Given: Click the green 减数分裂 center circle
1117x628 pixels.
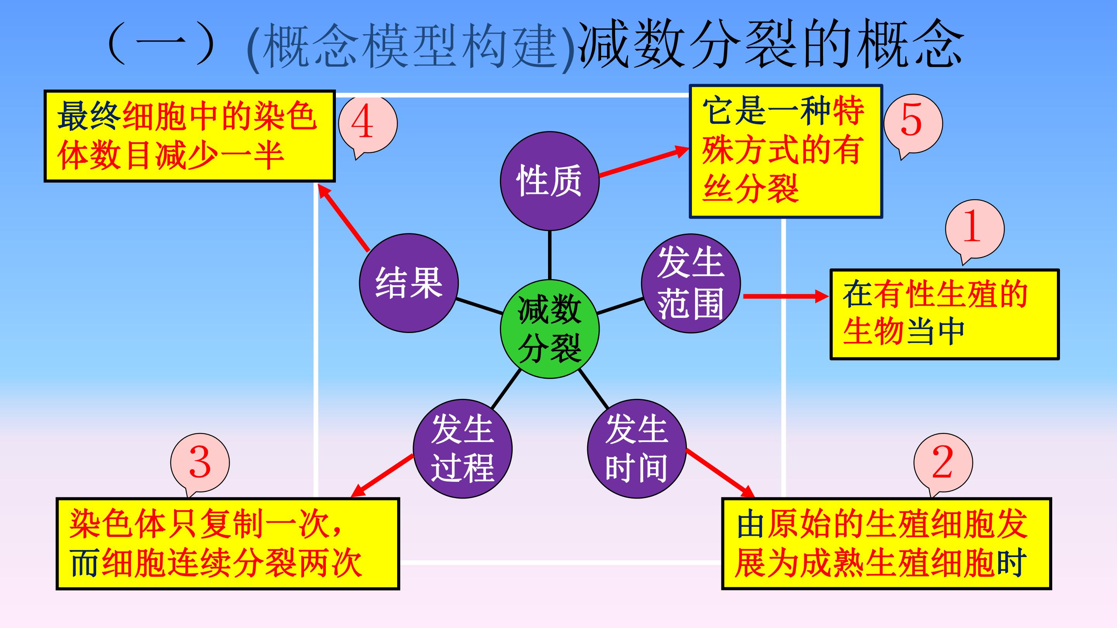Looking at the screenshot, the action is click(x=550, y=329).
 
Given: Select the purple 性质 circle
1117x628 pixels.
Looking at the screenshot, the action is click(x=550, y=181).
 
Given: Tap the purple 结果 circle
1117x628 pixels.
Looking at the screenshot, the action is click(x=409, y=283).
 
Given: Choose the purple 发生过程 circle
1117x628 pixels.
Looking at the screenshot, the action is click(x=463, y=449).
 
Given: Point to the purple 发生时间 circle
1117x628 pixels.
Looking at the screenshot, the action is click(x=637, y=449).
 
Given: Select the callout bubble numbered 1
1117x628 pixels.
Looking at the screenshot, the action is click(x=975, y=231).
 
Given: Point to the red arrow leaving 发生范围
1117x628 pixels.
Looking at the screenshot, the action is click(x=786, y=297).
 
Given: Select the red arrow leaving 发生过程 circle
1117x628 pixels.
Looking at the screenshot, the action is click(x=382, y=475).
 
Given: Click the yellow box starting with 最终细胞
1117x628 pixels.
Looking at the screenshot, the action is click(x=190, y=136).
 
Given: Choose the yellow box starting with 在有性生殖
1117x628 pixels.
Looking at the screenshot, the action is click(x=944, y=314).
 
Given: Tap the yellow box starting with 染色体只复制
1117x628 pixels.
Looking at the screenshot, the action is click(x=228, y=544).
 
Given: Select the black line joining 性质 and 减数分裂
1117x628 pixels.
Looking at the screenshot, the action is click(x=550, y=255).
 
